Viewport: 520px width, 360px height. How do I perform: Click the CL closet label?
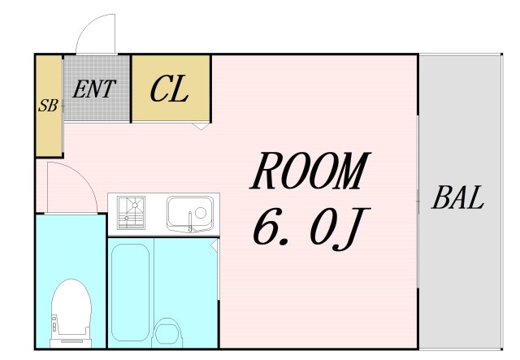pyautogui.click(x=170, y=89)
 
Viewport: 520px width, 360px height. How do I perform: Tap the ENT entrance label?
pyautogui.click(x=94, y=89)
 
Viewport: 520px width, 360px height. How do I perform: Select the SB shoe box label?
pyautogui.click(x=48, y=106)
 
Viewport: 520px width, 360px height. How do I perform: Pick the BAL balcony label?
pyautogui.click(x=458, y=197)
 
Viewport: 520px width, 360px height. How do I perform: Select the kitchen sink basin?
pyautogui.click(x=188, y=214)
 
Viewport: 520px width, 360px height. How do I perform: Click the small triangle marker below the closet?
pyautogui.click(x=201, y=126)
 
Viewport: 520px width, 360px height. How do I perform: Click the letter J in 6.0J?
pyautogui.click(x=352, y=228)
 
